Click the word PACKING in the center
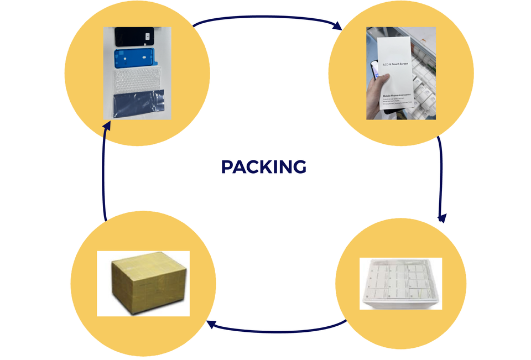[263, 166]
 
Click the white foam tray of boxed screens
[400, 283]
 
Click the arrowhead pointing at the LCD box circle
[337, 26]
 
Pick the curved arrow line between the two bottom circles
[277, 331]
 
